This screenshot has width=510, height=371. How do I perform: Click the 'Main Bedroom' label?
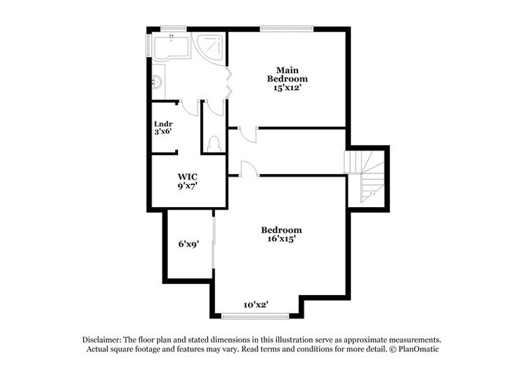tap(286, 74)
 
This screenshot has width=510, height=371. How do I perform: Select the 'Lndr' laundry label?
tap(162, 123)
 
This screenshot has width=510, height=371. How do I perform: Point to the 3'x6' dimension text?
tap(162, 132)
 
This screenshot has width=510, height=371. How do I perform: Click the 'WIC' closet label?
tap(186, 176)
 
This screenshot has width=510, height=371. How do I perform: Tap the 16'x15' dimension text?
tap(281, 239)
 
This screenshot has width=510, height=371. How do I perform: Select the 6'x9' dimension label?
tap(188, 244)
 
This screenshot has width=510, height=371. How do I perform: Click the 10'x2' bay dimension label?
tap(256, 304)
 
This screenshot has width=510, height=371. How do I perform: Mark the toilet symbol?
tap(214, 143)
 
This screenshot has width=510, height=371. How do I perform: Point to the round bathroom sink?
tap(155, 80)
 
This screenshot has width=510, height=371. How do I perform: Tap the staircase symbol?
tap(366, 176)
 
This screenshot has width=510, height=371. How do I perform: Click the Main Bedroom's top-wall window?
tap(287, 30)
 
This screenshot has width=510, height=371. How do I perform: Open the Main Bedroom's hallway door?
tap(246, 133)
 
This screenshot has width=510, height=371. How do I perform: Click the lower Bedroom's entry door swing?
tap(246, 167)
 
